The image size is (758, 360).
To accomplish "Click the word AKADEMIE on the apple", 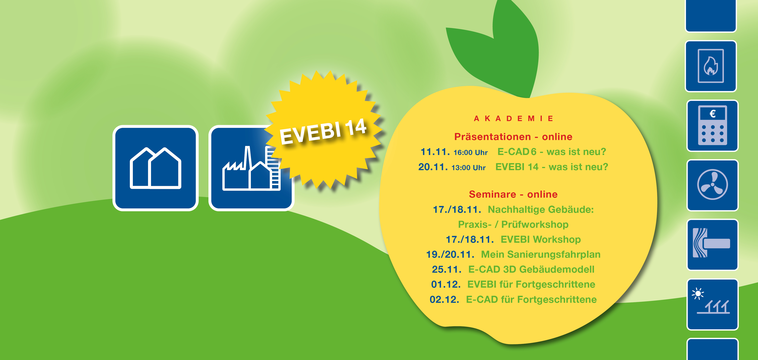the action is click(514, 119).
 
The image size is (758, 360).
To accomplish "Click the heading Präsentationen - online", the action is click(513, 137).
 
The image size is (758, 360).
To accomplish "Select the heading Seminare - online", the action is click(513, 194).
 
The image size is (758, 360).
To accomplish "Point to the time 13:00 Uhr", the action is click(468, 168).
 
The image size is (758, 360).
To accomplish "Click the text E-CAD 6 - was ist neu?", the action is click(552, 152).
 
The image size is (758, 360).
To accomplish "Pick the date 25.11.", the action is click(446, 269).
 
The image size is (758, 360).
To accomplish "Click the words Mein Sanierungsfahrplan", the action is click(540, 254).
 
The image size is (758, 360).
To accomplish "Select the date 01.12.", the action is click(446, 284).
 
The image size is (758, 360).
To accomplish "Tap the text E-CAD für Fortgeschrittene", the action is click(531, 299).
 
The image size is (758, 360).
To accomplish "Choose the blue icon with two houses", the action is click(155, 168).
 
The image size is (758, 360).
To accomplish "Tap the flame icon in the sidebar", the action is click(711, 66).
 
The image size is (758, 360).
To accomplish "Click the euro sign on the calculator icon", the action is click(712, 113).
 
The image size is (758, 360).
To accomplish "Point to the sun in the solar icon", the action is click(698, 293).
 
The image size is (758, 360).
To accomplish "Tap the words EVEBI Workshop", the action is click(540, 239).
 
